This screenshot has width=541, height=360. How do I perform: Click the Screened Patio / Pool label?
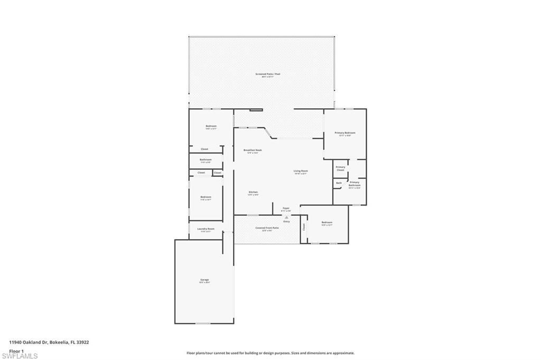[x=267, y=74]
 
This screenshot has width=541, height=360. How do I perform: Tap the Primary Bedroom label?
[x=344, y=133]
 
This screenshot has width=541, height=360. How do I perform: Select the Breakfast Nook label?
[x=253, y=150]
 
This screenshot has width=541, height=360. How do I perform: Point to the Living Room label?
[x=301, y=171]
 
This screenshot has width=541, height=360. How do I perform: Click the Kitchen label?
[x=253, y=192]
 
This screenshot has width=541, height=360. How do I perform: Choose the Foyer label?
[x=286, y=209]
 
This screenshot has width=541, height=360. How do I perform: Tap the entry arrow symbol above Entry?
[x=286, y=216]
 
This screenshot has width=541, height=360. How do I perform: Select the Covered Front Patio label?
[x=267, y=228]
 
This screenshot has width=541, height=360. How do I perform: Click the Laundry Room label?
[x=206, y=229]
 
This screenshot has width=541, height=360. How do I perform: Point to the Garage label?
[x=204, y=280]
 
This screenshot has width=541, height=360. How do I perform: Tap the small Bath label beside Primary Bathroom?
[x=339, y=183]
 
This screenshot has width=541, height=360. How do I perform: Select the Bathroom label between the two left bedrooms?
[x=206, y=159]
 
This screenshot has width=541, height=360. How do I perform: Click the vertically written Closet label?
[x=304, y=227]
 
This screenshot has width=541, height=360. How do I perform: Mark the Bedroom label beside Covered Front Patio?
[x=327, y=223]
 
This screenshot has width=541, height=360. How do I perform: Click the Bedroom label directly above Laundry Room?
[x=206, y=197]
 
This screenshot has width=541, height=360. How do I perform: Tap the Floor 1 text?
[x=16, y=350]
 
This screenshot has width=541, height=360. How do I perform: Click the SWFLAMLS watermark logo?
[x=20, y=356]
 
